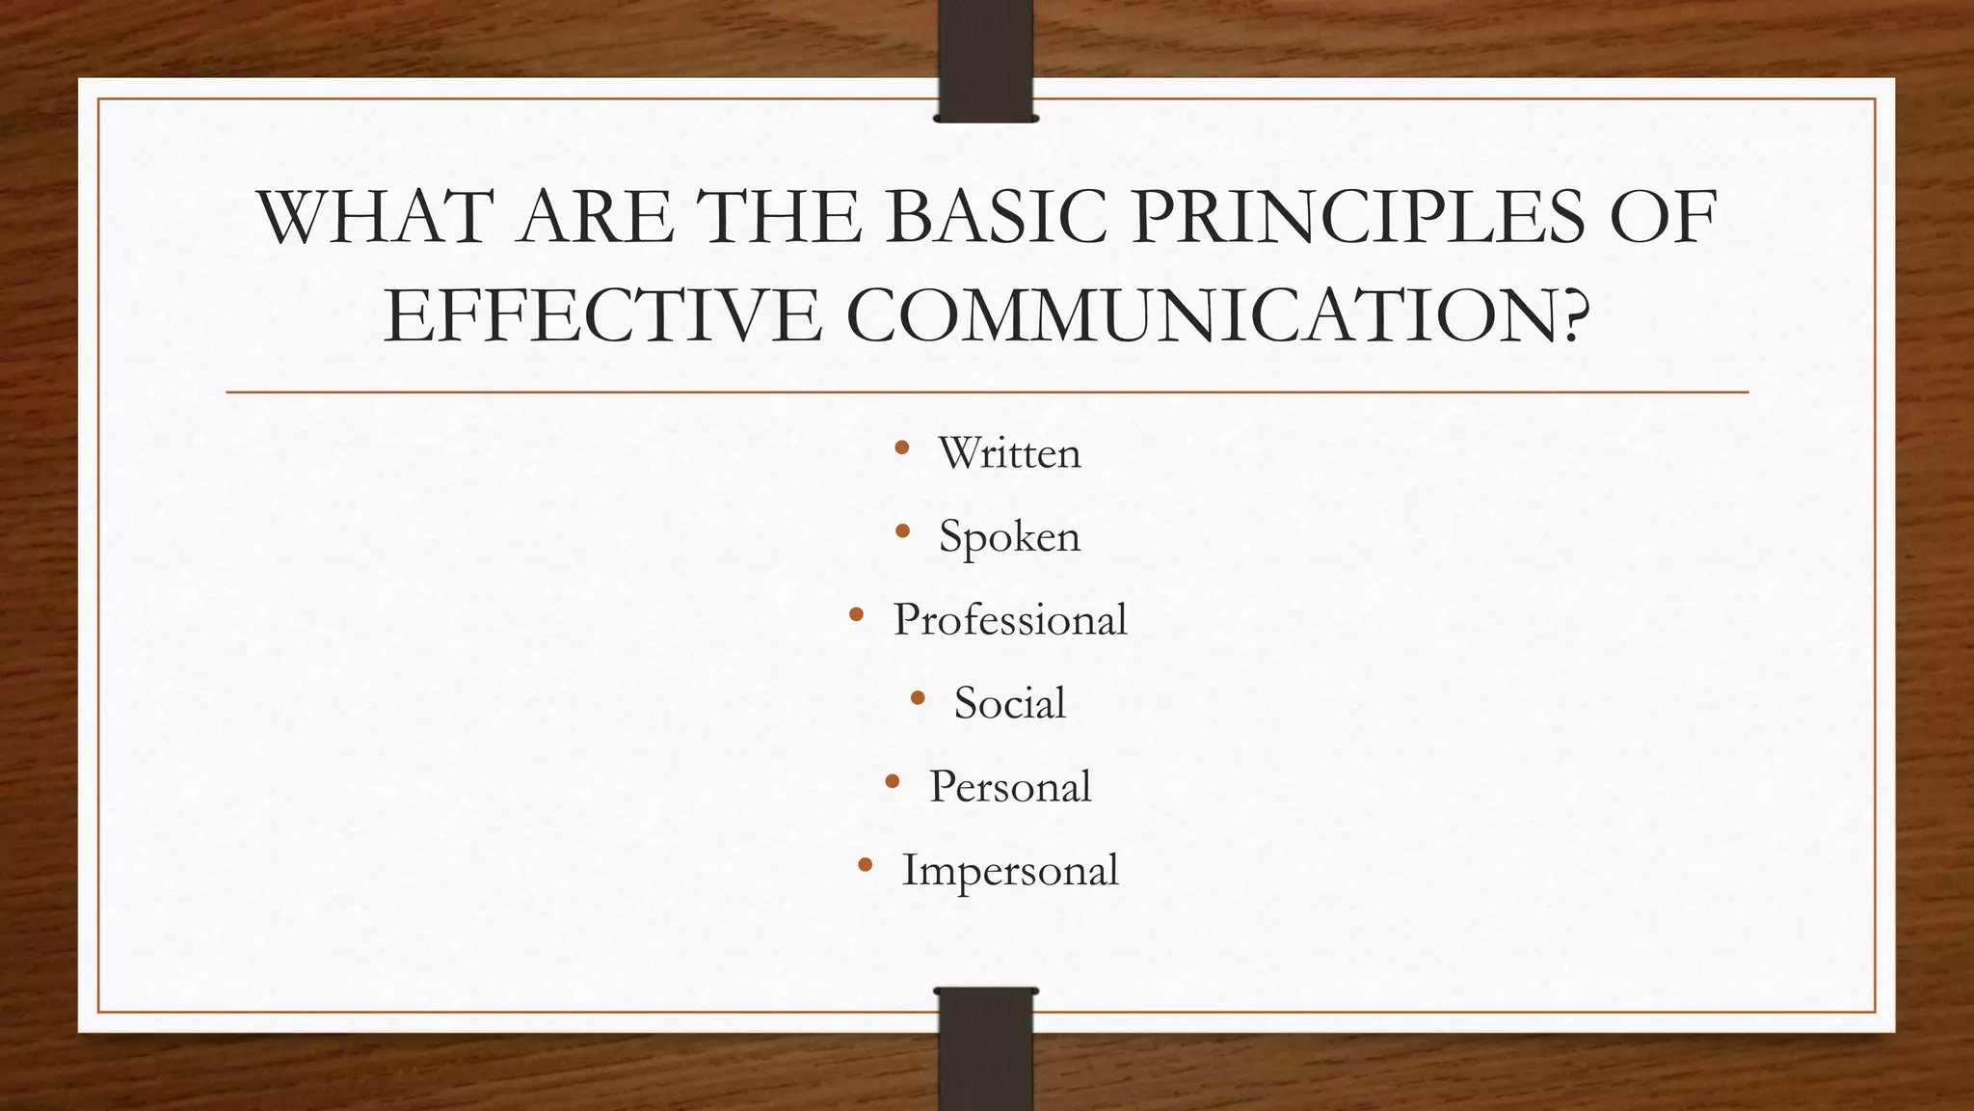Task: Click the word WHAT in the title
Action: (x=375, y=217)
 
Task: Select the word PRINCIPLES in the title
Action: (x=1358, y=217)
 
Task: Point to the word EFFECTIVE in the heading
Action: (x=602, y=316)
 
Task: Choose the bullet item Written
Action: (x=1010, y=453)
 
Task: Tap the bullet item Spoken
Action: (x=1010, y=537)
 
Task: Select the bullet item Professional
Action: (x=1010, y=620)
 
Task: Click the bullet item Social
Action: (x=1010, y=703)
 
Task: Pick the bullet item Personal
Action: (x=1010, y=787)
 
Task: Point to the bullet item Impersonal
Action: (x=1010, y=871)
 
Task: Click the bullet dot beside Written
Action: (x=902, y=447)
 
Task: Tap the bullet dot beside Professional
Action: (x=856, y=614)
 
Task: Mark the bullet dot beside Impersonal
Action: (x=865, y=865)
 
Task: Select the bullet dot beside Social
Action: (x=917, y=697)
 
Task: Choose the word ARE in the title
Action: (x=595, y=217)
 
